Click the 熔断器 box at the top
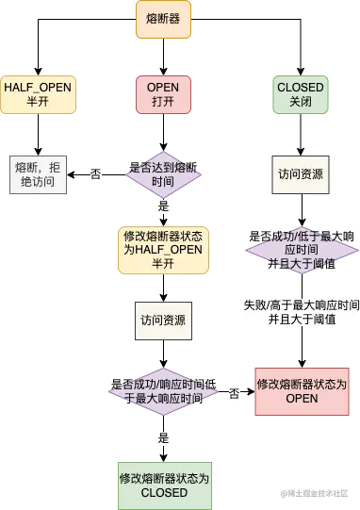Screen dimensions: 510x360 tap(164, 19)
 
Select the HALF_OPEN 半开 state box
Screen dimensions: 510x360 tap(39, 95)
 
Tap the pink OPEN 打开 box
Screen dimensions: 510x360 tap(164, 95)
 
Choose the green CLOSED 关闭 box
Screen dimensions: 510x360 tap(301, 95)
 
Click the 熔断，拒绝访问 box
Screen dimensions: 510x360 tap(39, 173)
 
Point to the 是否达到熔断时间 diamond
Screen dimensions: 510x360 tap(164, 173)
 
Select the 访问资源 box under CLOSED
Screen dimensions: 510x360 tap(301, 173)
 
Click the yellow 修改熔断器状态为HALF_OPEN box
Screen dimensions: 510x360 tap(164, 248)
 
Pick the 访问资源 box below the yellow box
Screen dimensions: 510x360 tap(164, 321)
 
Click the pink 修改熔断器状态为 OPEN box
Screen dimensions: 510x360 tap(301, 391)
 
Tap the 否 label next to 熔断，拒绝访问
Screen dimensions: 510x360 tap(95, 175)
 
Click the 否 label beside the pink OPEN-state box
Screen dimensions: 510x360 tap(234, 392)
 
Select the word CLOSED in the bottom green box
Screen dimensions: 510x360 tap(164, 492)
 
